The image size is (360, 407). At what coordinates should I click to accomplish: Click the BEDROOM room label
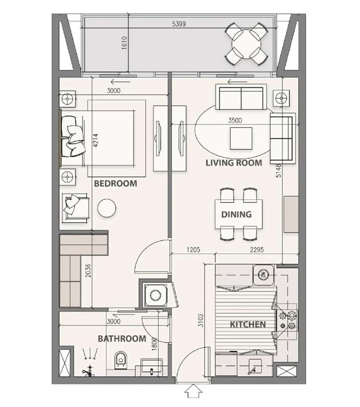(x=115, y=183)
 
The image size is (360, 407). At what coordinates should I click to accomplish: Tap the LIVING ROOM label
(x=234, y=163)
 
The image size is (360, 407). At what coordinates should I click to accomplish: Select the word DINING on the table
(x=237, y=215)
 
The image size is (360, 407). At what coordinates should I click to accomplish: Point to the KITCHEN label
(x=248, y=325)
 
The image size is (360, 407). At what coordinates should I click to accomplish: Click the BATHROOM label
(x=122, y=339)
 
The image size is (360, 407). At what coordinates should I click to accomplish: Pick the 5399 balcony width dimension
(x=179, y=24)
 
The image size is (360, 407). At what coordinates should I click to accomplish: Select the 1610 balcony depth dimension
(x=124, y=43)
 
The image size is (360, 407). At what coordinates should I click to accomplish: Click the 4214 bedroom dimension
(x=96, y=140)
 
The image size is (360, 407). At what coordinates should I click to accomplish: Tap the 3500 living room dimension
(x=235, y=120)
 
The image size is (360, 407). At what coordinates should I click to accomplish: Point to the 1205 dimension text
(x=193, y=250)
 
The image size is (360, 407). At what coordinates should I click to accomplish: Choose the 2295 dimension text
(x=257, y=250)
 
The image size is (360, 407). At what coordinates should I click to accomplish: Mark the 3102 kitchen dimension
(x=200, y=320)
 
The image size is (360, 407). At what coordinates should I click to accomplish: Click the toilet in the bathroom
(x=120, y=360)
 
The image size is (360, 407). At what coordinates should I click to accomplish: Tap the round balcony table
(x=246, y=43)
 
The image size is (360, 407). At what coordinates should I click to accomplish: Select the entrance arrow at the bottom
(x=193, y=391)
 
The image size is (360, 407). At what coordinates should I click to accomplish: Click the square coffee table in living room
(x=241, y=139)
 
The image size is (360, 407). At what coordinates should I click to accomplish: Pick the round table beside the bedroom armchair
(x=107, y=208)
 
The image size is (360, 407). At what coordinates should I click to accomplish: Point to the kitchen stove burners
(x=287, y=321)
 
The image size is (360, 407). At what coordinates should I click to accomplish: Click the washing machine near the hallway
(x=155, y=295)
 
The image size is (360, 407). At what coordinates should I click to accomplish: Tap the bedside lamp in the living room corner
(x=281, y=98)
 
